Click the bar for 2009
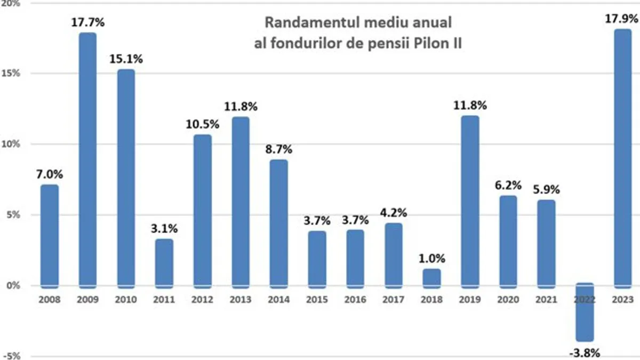[x=88, y=160]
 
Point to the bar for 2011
[x=164, y=262]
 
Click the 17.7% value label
[x=88, y=22]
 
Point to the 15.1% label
[x=126, y=58]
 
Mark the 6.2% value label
[x=508, y=185]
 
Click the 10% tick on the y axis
[x=12, y=144]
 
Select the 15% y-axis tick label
[x=12, y=73]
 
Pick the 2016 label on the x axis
[x=355, y=300]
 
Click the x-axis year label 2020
[x=508, y=300]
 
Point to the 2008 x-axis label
[x=50, y=300]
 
